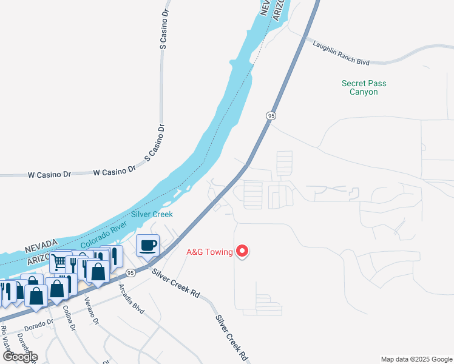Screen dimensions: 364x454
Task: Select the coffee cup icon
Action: pyautogui.click(x=148, y=245)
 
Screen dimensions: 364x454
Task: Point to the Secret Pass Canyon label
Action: pyautogui.click(x=364, y=87)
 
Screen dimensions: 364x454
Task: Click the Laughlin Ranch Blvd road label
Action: pyautogui.click(x=341, y=53)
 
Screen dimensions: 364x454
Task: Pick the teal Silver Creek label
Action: pyautogui.click(x=152, y=214)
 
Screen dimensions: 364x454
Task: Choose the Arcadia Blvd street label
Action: pyautogui.click(x=131, y=298)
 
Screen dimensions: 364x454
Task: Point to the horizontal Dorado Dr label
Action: pyautogui.click(x=39, y=325)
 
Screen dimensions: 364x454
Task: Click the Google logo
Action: pyautogui.click(x=20, y=357)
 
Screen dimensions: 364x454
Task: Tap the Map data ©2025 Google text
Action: pyautogui.click(x=416, y=359)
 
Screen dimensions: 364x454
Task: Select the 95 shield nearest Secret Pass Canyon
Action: pyautogui.click(x=271, y=115)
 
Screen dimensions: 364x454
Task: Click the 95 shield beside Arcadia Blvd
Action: pyautogui.click(x=130, y=274)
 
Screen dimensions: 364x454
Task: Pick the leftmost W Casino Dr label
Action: pyautogui.click(x=49, y=174)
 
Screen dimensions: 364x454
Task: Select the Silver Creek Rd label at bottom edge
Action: pyautogui.click(x=232, y=337)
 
